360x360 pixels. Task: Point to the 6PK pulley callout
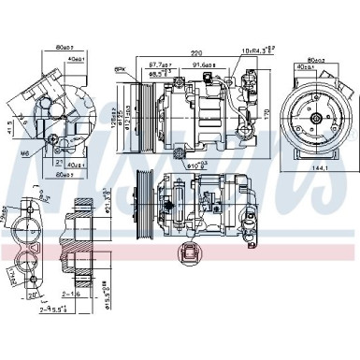(121, 70)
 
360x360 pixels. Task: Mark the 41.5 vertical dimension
(10, 124)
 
